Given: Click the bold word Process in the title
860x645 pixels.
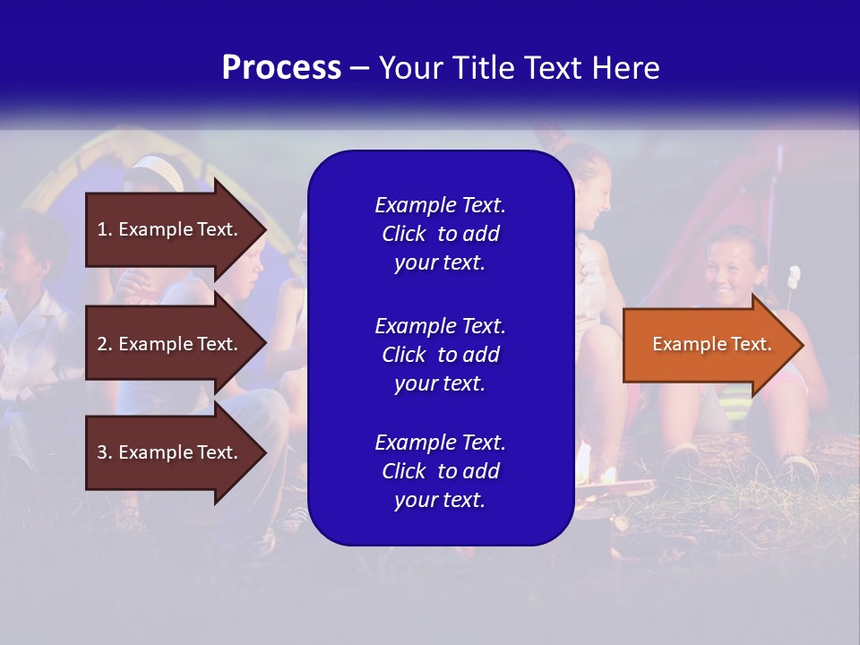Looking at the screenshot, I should (281, 68).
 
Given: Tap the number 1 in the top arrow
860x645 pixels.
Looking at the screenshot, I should (102, 229).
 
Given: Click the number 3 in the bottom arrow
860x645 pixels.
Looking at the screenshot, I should (102, 452).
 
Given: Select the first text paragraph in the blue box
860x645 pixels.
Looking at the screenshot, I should (440, 234).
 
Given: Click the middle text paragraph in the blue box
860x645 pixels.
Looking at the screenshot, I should (440, 355).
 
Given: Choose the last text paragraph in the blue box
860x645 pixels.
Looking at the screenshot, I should (440, 471).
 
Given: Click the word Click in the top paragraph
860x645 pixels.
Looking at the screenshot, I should (404, 234).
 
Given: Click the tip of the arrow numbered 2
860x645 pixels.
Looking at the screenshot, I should (264, 344).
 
